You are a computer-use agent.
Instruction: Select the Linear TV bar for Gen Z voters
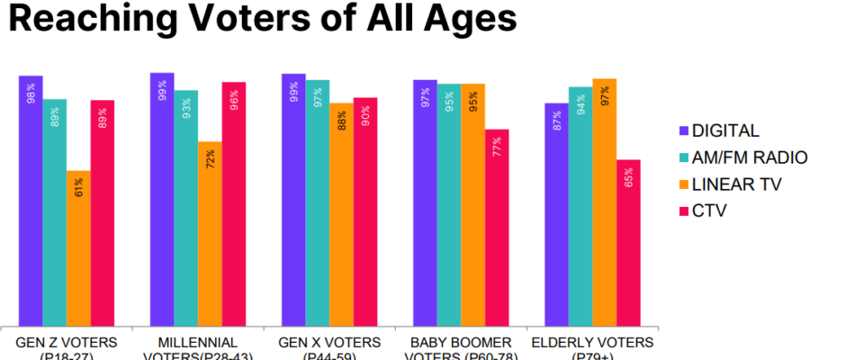(78, 247)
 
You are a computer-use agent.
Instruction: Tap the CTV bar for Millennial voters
(234, 203)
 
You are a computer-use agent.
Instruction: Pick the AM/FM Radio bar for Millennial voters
(186, 207)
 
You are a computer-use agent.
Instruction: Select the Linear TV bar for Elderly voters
(604, 202)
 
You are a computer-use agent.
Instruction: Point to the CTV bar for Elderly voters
(628, 242)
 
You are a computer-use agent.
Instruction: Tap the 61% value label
(79, 187)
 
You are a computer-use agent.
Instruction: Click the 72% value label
(211, 158)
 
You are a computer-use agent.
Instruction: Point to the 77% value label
(497, 147)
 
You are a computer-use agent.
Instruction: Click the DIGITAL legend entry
(720, 130)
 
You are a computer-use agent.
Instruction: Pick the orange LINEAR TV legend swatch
(683, 184)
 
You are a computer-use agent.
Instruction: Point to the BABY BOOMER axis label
(460, 343)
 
